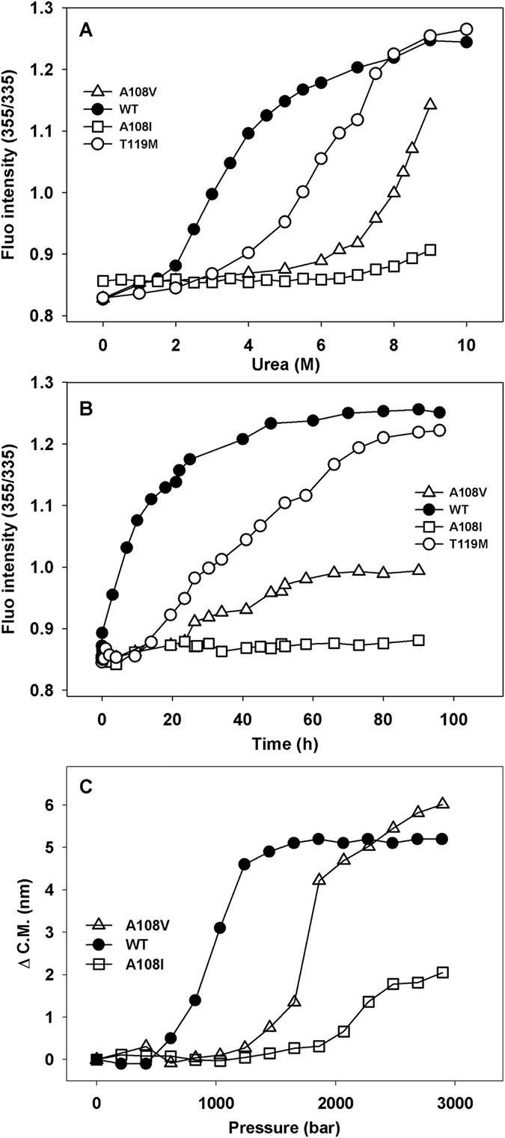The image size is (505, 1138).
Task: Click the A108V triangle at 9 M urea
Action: coord(430,104)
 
